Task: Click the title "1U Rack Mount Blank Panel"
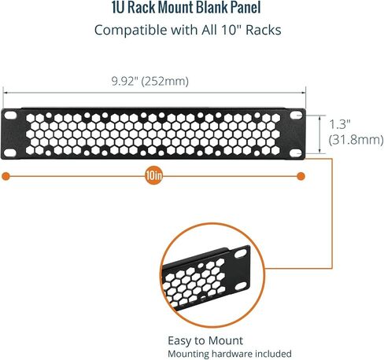(x=186, y=7)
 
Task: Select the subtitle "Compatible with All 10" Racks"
(x=188, y=30)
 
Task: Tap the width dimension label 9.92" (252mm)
(x=150, y=81)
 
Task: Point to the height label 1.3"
(x=340, y=124)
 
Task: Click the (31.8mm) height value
(x=356, y=140)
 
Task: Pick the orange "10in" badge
(x=154, y=176)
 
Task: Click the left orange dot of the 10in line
(x=6, y=176)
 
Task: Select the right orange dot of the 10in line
(x=301, y=176)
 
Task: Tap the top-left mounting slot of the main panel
(x=10, y=116)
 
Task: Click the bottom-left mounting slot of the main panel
(x=10, y=152)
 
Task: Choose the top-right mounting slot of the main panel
(x=296, y=116)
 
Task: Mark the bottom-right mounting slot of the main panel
(x=296, y=153)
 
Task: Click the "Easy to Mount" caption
(x=205, y=341)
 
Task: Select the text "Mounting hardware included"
(x=230, y=354)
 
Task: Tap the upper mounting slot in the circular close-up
(x=241, y=254)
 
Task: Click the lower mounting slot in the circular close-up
(x=241, y=286)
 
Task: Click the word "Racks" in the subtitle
(x=264, y=30)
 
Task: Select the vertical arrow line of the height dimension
(x=319, y=134)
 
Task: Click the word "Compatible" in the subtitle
(x=131, y=30)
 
